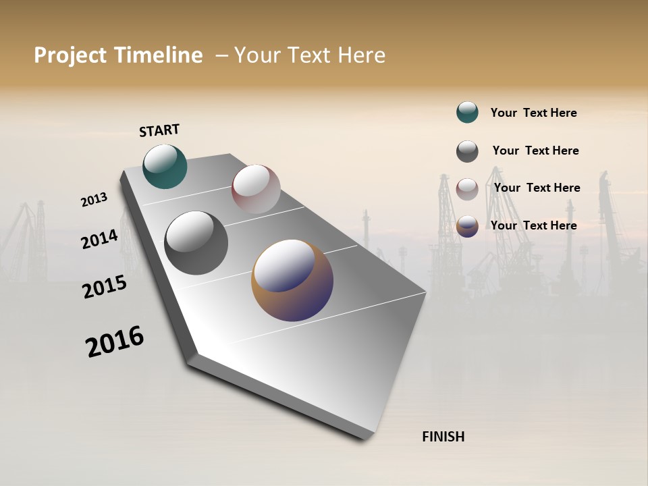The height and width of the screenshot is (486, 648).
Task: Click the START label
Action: click(x=159, y=130)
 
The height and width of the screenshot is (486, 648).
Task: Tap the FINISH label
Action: click(x=443, y=437)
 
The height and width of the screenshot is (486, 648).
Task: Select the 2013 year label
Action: click(x=94, y=200)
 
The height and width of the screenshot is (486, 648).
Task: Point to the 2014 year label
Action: click(x=99, y=239)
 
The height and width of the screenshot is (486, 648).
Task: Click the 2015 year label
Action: click(x=105, y=287)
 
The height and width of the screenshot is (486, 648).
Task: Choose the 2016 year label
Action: click(x=115, y=342)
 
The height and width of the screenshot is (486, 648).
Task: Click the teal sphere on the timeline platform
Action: click(x=165, y=167)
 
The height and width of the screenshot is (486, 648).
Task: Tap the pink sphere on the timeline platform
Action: click(x=256, y=189)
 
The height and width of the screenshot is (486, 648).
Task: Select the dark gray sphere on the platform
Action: click(x=196, y=243)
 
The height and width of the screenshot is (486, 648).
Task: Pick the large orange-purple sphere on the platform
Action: click(x=292, y=280)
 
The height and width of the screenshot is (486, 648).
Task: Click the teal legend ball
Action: click(x=467, y=113)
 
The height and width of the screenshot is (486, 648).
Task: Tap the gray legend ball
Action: click(x=467, y=151)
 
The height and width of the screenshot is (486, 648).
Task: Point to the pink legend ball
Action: click(x=467, y=189)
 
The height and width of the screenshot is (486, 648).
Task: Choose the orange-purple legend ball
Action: click(x=467, y=226)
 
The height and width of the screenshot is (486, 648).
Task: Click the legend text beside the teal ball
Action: click(x=533, y=113)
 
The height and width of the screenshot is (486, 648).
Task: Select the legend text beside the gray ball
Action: click(x=535, y=151)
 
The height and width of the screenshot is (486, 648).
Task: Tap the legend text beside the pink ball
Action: click(x=537, y=188)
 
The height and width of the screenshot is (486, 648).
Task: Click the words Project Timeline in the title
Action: click(x=118, y=55)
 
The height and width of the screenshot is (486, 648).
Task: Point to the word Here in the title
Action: click(x=361, y=55)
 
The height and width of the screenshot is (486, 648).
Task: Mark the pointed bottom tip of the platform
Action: click(x=368, y=437)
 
